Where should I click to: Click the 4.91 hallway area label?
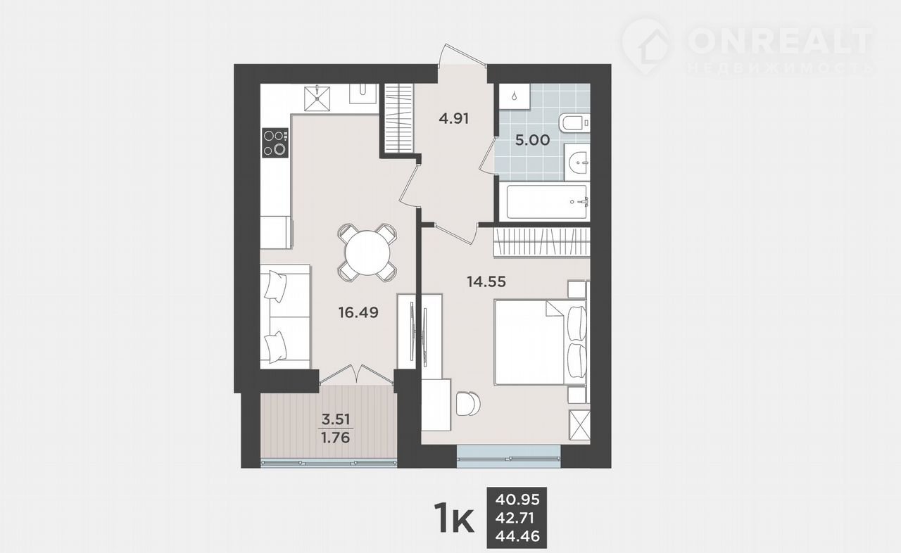tap(454, 119)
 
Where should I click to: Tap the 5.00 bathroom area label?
tap(533, 140)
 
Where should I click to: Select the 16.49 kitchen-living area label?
tap(358, 312)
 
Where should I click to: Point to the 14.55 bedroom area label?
tap(486, 281)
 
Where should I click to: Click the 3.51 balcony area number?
tap(336, 419)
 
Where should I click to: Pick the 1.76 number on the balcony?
tap(336, 437)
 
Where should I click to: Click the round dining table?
tap(367, 253)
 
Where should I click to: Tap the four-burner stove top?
tap(275, 143)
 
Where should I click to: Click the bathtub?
tap(545, 202)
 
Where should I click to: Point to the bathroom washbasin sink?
tap(577, 163)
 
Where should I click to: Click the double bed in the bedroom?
tap(540, 343)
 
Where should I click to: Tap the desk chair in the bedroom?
tap(469, 404)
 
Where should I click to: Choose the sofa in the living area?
tap(285, 317)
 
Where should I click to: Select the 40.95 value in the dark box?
tap(517, 500)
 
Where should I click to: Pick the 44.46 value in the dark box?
tap(517, 535)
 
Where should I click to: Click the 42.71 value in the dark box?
tap(515, 518)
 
